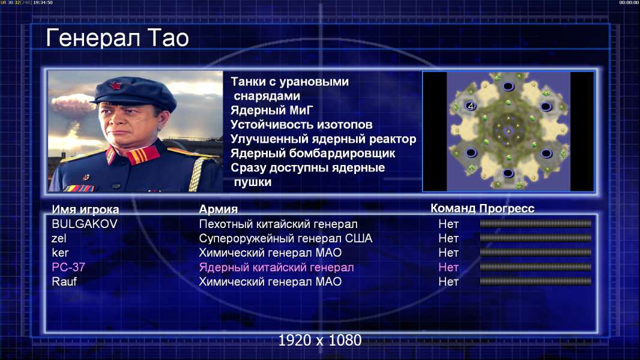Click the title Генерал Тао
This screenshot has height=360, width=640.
click(x=117, y=38)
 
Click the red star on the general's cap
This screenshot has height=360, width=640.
click(x=116, y=86)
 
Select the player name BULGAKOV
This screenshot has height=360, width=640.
click(x=85, y=224)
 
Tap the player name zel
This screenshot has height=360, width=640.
click(x=59, y=238)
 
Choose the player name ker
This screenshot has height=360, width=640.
click(x=60, y=253)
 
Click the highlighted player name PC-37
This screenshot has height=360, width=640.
click(x=68, y=267)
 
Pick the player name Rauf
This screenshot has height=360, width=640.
click(x=64, y=282)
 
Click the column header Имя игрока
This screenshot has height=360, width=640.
click(x=85, y=209)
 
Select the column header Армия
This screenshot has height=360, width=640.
click(x=219, y=209)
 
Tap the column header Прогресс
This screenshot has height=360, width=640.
click(x=507, y=209)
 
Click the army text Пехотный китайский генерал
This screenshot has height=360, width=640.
click(x=279, y=224)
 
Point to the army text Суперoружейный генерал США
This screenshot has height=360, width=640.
click(x=286, y=239)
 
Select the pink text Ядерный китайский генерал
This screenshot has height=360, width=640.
click(x=276, y=268)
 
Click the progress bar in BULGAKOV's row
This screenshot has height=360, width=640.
click(x=536, y=223)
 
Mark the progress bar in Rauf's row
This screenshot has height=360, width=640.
click(x=536, y=281)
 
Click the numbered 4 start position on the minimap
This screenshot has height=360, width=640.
click(x=471, y=106)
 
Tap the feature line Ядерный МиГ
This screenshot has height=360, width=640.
click(x=272, y=110)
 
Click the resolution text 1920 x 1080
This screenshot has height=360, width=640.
click(x=320, y=340)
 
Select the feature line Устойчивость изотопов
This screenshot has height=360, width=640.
click(x=301, y=125)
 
